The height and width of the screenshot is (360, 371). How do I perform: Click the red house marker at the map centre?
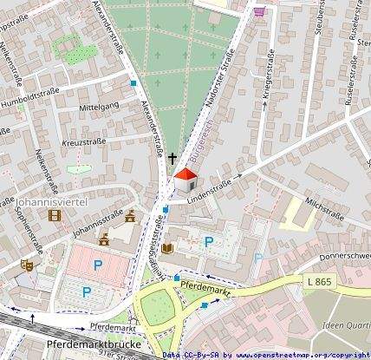coord(185,182)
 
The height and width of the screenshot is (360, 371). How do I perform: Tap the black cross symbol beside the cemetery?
coord(172,159)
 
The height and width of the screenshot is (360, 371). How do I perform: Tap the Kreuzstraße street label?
coord(84,141)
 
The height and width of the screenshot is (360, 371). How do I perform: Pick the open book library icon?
coord(166,249)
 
